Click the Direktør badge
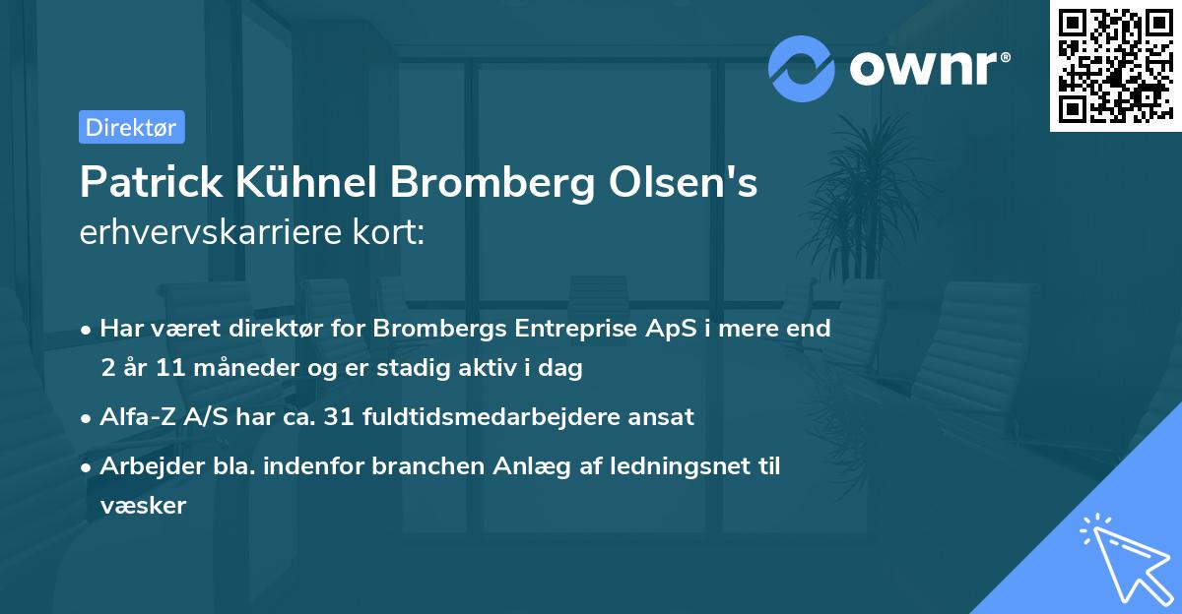131,127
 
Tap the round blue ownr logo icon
802,68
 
